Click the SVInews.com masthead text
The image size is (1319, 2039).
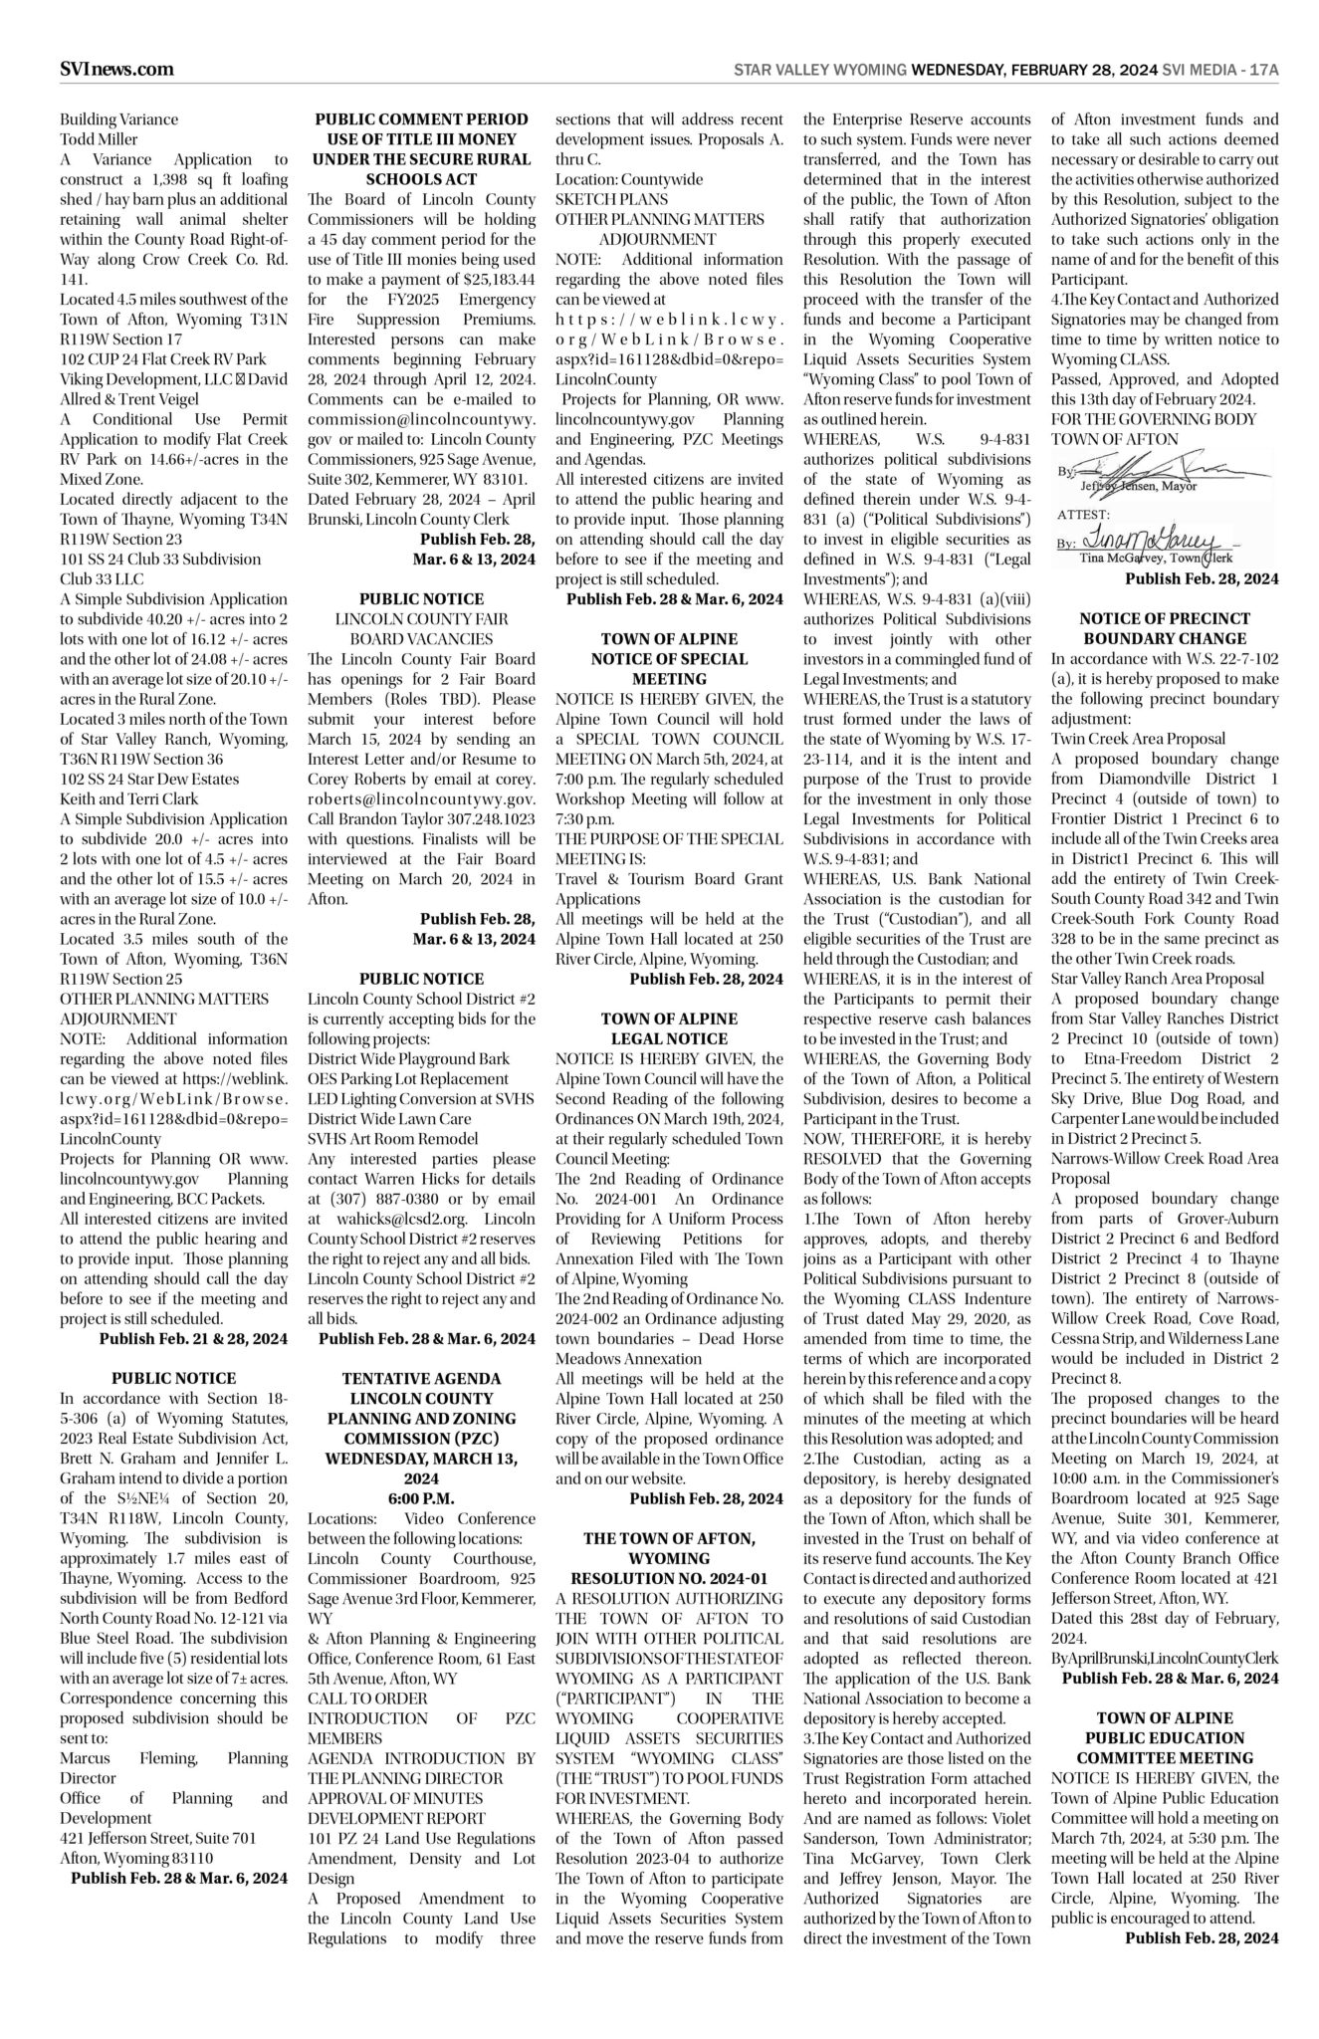click(116, 69)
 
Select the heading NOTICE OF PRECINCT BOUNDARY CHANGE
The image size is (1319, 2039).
click(1164, 628)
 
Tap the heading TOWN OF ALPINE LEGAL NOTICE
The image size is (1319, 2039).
click(669, 1028)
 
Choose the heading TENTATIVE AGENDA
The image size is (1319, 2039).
click(421, 1379)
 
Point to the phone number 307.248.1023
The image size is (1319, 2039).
click(485, 818)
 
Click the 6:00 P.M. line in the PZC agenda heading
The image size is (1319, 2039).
click(421, 1498)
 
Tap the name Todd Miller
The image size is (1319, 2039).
click(100, 139)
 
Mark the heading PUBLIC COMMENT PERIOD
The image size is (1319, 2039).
click(421, 119)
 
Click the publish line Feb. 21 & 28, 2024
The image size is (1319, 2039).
click(193, 1338)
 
